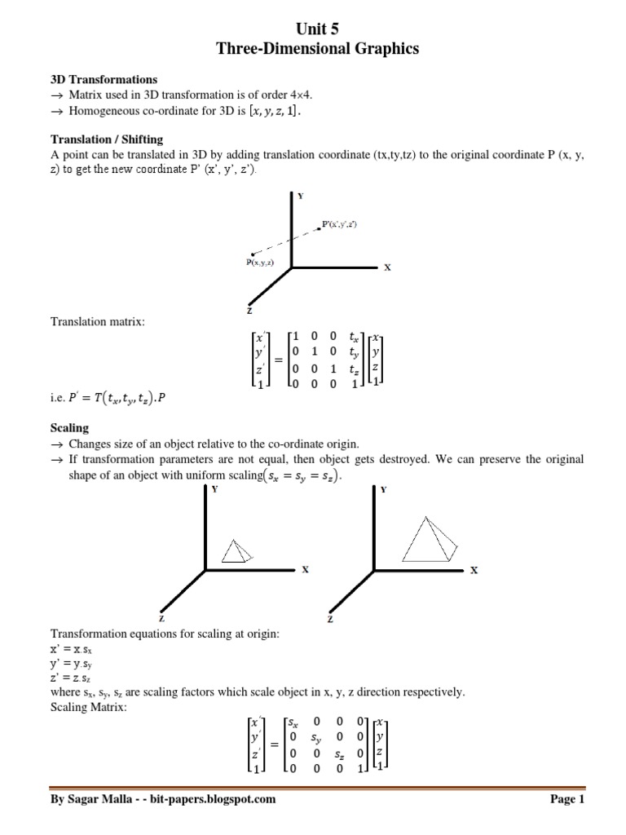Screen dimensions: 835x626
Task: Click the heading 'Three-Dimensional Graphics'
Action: point(316,49)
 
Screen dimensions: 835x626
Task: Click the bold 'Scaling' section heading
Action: point(69,428)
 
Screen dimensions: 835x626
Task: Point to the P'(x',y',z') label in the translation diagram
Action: point(340,223)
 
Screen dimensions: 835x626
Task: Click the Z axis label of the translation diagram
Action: point(249,311)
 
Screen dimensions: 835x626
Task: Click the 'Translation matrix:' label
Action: point(97,322)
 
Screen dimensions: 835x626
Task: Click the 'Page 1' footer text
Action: point(568,800)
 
